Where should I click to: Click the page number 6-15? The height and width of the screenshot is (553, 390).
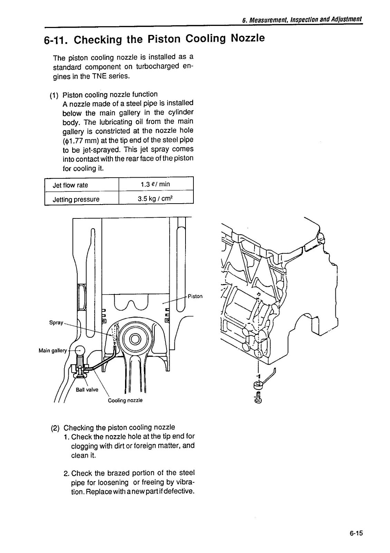[x=356, y=533]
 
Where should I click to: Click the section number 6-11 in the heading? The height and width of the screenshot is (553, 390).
[x=54, y=40]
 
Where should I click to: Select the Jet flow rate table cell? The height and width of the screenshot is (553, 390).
[x=70, y=185]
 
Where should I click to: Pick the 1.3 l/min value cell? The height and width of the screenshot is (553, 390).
[x=155, y=184]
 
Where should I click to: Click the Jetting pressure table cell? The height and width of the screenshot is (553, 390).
[x=76, y=199]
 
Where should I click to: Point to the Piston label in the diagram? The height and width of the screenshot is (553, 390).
[x=195, y=296]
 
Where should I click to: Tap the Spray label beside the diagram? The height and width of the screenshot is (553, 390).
[x=56, y=322]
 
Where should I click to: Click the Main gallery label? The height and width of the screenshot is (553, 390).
[x=53, y=350]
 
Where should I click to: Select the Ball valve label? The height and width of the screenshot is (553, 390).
[x=87, y=390]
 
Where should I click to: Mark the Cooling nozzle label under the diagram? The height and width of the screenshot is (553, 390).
[x=125, y=400]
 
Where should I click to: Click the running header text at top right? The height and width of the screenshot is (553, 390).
[x=302, y=19]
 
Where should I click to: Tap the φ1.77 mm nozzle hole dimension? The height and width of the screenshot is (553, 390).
[x=79, y=140]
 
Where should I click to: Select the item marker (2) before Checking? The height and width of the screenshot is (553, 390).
[x=56, y=428]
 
